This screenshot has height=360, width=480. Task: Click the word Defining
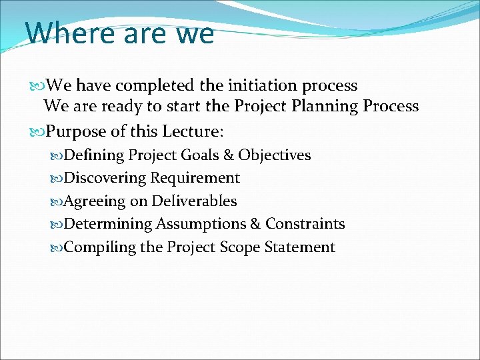click(x=95, y=155)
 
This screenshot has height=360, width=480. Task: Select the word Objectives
click(x=275, y=155)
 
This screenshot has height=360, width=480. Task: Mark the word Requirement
click(x=195, y=178)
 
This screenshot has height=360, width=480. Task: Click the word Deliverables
click(x=195, y=201)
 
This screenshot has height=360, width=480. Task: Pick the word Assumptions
click(x=208, y=224)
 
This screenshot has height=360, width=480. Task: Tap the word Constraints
click(x=305, y=224)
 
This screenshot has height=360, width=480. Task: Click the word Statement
click(x=300, y=247)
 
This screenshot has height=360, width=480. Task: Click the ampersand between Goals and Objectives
click(x=229, y=155)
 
